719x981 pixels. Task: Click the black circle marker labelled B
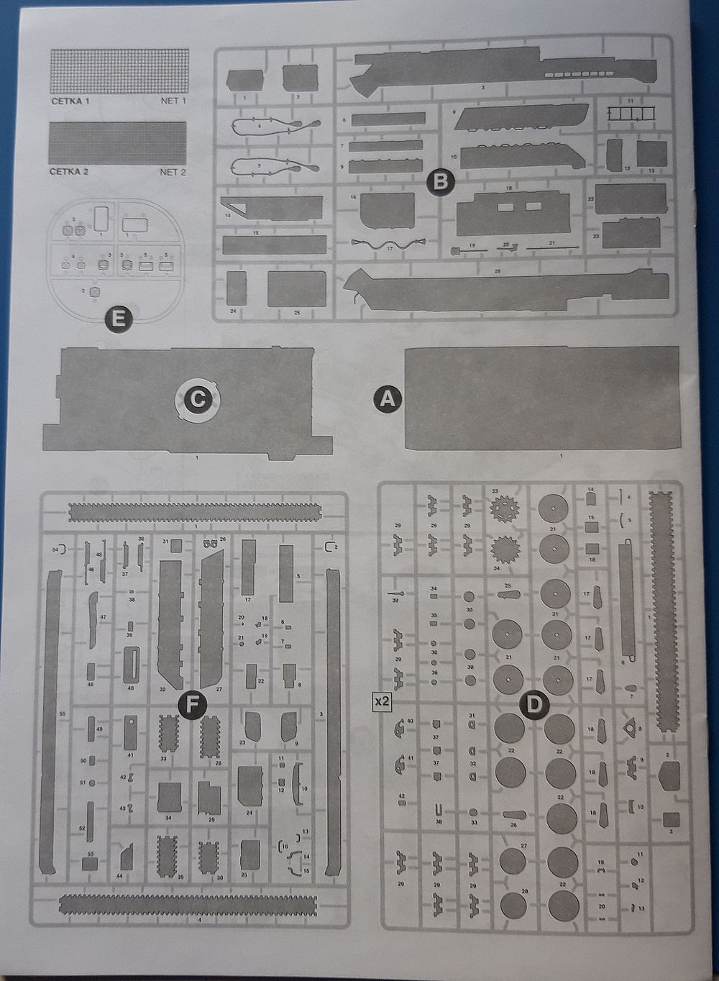tap(441, 181)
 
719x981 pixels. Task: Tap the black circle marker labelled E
tap(119, 318)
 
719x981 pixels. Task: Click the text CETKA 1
tap(70, 102)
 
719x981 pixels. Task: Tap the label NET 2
tap(173, 173)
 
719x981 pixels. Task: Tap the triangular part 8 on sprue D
tap(631, 729)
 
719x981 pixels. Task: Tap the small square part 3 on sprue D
tap(670, 819)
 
